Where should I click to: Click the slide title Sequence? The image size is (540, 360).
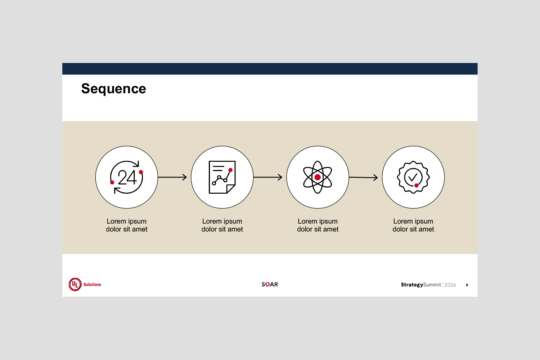click(x=113, y=89)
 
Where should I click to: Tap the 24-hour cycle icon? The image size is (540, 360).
click(x=127, y=177)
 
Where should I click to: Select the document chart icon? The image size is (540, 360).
click(x=222, y=177)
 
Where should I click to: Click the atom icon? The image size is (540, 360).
click(x=318, y=177)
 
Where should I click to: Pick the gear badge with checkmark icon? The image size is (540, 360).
click(x=413, y=177)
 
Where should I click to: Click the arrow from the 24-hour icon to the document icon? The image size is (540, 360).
click(x=172, y=177)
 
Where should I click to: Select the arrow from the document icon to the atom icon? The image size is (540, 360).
click(x=268, y=177)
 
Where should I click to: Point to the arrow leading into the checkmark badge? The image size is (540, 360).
click(x=363, y=177)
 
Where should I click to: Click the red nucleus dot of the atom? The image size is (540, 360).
click(x=318, y=177)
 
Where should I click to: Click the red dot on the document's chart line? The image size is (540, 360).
click(x=230, y=170)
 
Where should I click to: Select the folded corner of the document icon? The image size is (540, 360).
click(x=231, y=189)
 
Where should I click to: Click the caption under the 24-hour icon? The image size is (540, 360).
click(x=127, y=225)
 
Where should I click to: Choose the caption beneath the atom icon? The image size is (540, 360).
click(x=318, y=225)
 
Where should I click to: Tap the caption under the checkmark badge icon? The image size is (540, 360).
click(x=413, y=225)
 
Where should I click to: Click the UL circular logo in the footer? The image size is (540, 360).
click(x=75, y=284)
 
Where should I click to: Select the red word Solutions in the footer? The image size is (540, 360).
click(x=92, y=284)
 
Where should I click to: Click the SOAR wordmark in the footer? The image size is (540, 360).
click(x=270, y=284)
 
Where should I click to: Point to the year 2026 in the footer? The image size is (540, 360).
click(x=450, y=285)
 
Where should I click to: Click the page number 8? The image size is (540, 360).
click(x=467, y=285)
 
